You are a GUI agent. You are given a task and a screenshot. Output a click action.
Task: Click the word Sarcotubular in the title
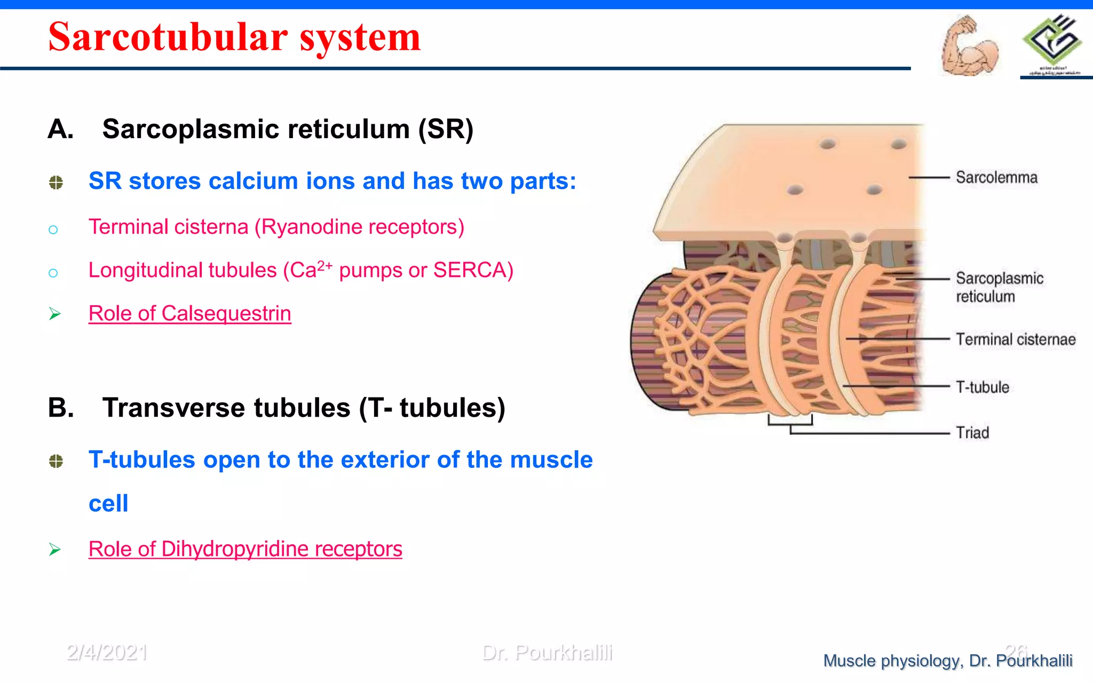click(x=168, y=37)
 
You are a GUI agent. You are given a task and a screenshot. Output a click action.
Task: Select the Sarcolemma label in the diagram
click(x=996, y=177)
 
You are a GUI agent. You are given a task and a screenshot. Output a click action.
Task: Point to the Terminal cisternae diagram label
click(x=1015, y=339)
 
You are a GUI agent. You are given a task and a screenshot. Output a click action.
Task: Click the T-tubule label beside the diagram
click(x=982, y=387)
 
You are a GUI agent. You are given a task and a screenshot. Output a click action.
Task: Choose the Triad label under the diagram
click(x=972, y=432)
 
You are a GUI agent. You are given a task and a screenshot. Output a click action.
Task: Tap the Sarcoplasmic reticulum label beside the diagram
click(x=999, y=287)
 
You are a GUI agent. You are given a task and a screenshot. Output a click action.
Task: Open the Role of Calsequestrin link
click(x=189, y=313)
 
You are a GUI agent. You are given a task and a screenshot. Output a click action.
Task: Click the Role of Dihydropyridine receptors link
click(x=245, y=549)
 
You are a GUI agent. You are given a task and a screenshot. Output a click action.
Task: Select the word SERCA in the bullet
click(x=470, y=270)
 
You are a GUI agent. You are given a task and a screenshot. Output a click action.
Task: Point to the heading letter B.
click(x=61, y=408)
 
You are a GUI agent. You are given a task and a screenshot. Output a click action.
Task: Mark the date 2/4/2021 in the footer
click(x=107, y=652)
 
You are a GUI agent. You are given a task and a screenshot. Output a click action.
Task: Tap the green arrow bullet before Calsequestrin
click(x=54, y=314)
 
